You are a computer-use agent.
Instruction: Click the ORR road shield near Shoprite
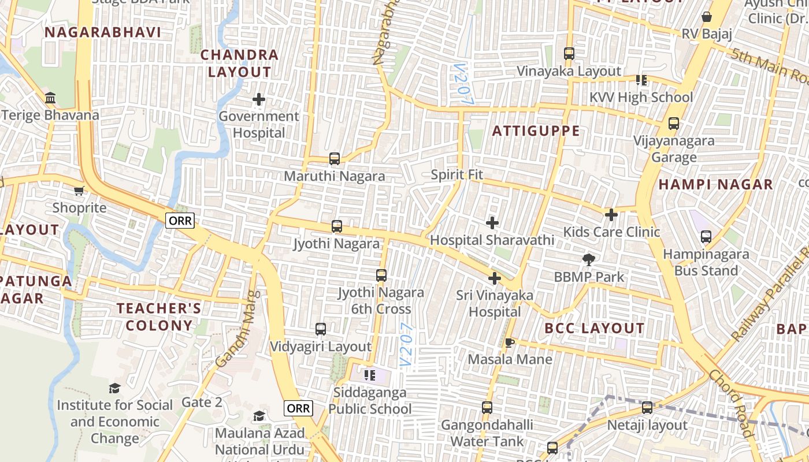coord(180,220)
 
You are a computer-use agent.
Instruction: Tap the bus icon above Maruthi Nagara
coord(334,159)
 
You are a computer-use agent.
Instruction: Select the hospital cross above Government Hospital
coord(258,100)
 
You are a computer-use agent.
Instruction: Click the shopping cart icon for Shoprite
coord(79,191)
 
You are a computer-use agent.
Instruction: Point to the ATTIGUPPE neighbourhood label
coord(536,131)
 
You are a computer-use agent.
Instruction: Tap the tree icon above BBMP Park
coord(589,260)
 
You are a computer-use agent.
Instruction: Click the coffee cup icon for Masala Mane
coord(509,342)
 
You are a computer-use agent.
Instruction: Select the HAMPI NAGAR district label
coord(715,185)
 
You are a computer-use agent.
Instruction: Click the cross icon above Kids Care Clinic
coord(611,215)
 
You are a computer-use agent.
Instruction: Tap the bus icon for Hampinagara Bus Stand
coord(706,237)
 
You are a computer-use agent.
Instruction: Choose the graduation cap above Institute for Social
coord(114,388)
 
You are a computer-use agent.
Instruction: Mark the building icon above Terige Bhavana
coord(50,98)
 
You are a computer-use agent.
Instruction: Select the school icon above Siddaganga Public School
coord(370,376)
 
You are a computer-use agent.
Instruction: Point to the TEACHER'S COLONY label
coord(159,316)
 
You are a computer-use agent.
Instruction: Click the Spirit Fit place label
coord(457,174)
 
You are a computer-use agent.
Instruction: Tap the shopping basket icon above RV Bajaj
coord(706,17)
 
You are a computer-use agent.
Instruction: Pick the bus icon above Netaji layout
coord(647,408)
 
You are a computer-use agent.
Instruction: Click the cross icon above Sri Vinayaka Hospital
coord(494,278)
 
